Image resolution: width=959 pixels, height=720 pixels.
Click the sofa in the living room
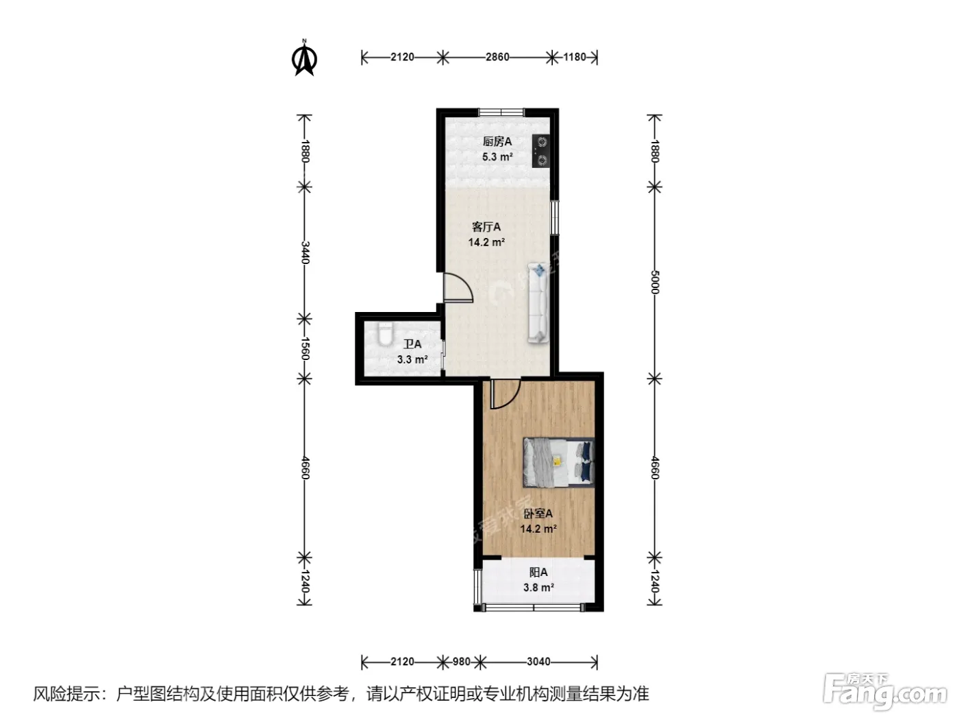coord(538,302)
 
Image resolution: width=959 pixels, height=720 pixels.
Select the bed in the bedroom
coord(559,462)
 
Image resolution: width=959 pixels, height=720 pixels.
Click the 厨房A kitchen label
coord(497,142)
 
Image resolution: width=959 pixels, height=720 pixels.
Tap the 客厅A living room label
coord(486,227)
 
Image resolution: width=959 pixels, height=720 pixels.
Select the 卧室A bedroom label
coord(538,514)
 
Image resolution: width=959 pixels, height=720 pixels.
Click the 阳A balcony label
coord(538,573)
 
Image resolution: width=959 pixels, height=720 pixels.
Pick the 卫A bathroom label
coord(412,344)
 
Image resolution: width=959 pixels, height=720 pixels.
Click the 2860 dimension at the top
coord(497,58)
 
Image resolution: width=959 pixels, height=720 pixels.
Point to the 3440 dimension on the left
coord(306,252)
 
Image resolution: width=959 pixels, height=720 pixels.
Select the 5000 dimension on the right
coord(654,282)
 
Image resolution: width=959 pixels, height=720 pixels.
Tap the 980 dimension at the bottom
coord(462,662)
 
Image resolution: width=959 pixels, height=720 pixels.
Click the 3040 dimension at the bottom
coord(538,662)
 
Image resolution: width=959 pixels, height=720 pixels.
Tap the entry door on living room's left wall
coord(458,287)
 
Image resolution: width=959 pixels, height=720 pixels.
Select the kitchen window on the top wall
coord(501,112)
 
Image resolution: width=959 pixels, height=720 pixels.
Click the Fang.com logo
coord(885,691)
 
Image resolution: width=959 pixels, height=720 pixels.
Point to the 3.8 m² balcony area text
coord(538,587)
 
